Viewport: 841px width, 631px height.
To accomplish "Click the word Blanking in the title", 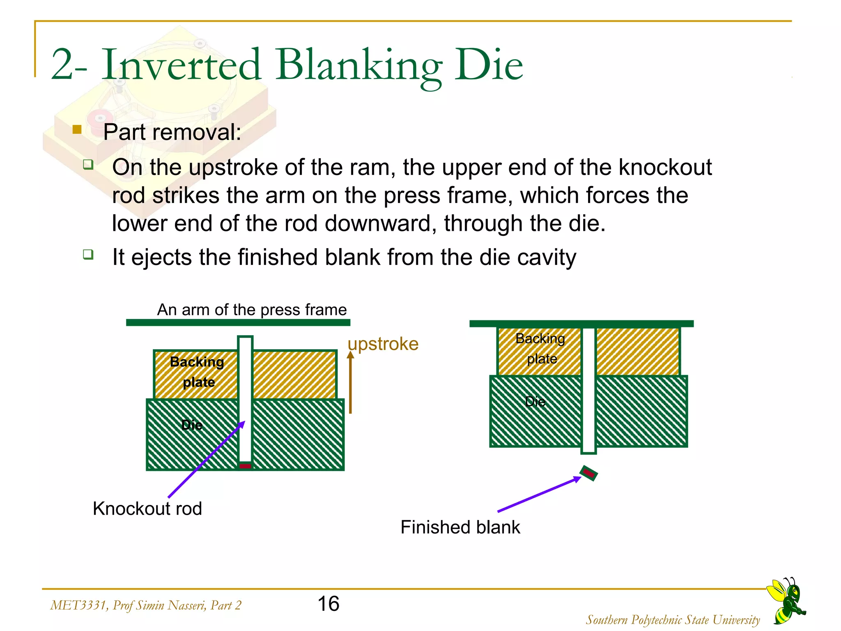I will pos(358,66).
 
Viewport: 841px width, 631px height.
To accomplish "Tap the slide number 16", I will pos(328,604).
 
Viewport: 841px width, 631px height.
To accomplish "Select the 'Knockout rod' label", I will pos(147,509).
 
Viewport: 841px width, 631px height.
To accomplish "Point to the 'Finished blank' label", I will pos(460,527).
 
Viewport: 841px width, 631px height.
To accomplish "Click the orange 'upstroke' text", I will pos(383,344).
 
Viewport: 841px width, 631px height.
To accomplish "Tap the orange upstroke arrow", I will pos(350,382).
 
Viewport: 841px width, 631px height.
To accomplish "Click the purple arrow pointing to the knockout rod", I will pos(205,460).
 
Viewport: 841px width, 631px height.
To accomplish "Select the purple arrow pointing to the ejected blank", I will pos(538,495).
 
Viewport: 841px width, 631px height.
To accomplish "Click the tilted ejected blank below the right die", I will pos(588,473).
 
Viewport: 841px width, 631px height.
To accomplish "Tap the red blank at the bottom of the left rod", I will pos(245,466).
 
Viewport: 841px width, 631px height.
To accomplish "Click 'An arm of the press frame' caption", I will pos(252,310).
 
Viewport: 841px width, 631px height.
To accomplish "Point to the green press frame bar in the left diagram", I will pos(238,322).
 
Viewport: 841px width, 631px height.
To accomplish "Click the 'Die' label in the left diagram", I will pos(192,425).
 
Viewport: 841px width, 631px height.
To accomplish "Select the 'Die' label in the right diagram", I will pos(535,401).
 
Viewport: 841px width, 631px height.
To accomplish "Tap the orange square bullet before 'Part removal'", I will pos(77,130).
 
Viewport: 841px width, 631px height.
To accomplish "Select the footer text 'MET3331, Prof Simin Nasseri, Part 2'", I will pos(145,605).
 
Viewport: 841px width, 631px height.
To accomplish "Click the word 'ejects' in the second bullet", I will pos(161,258).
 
